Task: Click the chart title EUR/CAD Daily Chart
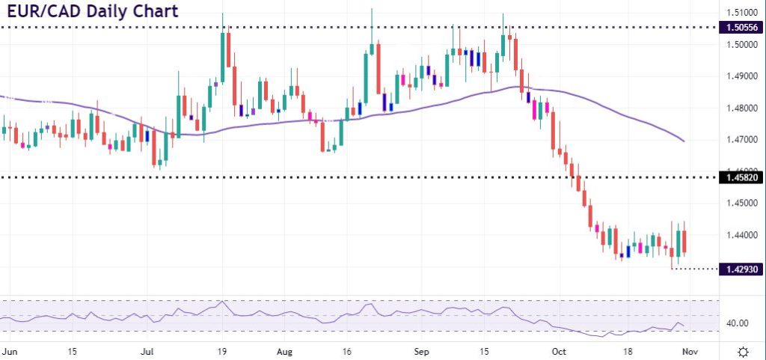89,13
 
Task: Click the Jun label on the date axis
10,350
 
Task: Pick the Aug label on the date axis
284,350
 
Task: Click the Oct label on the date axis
558,350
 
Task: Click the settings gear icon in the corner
744,351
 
